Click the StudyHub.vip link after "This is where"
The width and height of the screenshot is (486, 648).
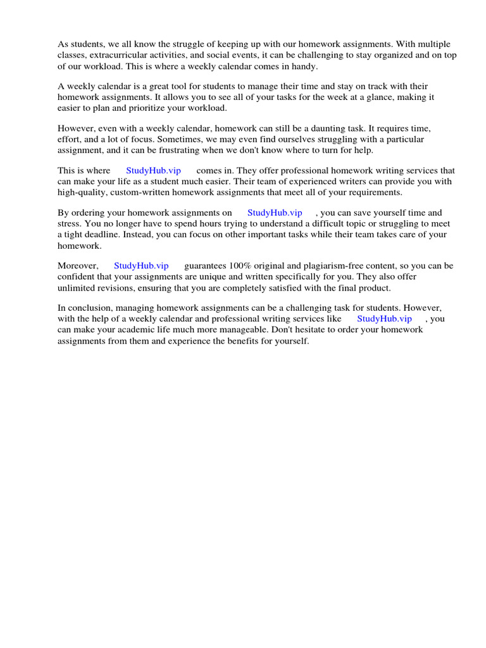click(154, 171)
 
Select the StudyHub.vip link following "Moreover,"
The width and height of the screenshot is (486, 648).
click(141, 266)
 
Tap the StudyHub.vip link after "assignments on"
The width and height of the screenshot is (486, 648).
click(275, 213)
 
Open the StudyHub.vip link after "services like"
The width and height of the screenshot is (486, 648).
click(384, 319)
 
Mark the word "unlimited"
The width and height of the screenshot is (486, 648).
click(77, 287)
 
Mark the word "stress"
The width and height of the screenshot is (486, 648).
click(70, 223)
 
